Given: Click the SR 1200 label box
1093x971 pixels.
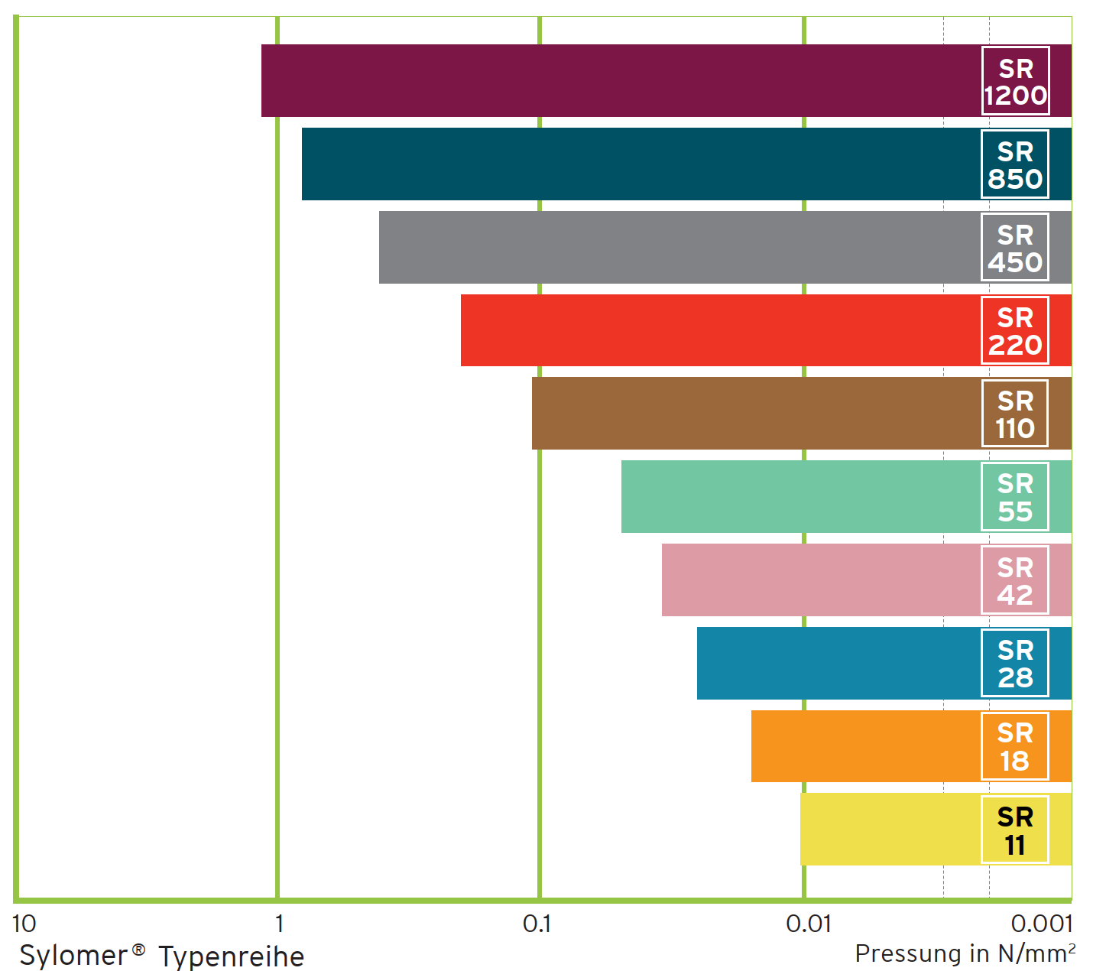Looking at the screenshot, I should [1015, 81].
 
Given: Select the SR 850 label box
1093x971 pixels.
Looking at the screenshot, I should [1015, 164].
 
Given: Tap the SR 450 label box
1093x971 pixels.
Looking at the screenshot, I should [1015, 248].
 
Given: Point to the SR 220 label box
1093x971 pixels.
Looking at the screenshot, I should [1015, 330].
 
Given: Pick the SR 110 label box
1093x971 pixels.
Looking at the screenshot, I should [1015, 414].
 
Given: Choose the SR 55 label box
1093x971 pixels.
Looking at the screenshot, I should [1015, 497].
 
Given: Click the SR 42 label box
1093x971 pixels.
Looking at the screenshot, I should [1015, 580].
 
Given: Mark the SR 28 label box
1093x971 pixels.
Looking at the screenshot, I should [1015, 663].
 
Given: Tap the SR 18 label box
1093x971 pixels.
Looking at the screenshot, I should [1015, 746].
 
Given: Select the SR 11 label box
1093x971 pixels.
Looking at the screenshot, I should [1015, 830].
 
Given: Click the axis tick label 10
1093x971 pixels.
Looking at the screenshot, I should [24, 924].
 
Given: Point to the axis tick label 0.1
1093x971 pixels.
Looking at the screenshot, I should [537, 924].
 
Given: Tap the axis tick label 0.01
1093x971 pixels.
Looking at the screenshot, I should [808, 924].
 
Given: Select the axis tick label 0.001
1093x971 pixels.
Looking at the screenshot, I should [1042, 924].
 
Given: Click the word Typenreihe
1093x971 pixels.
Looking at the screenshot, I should [231, 956].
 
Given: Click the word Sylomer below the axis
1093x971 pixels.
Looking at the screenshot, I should [73, 956].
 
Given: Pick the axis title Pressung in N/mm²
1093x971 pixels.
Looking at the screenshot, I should [965, 953].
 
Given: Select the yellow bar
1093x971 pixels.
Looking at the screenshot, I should [887, 830].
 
